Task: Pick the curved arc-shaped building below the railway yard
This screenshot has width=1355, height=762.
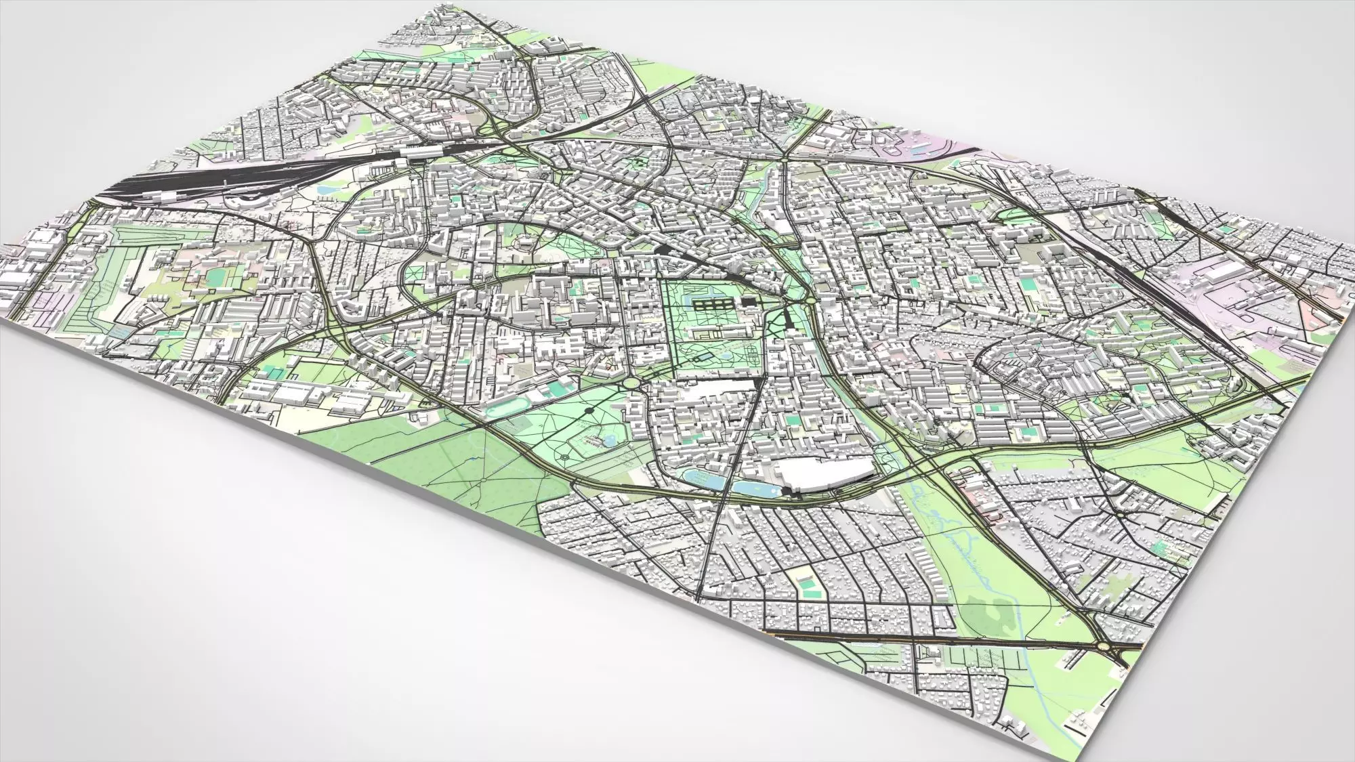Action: pyautogui.click(x=247, y=204)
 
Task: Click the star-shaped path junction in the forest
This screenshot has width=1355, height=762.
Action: pyautogui.click(x=485, y=478)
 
